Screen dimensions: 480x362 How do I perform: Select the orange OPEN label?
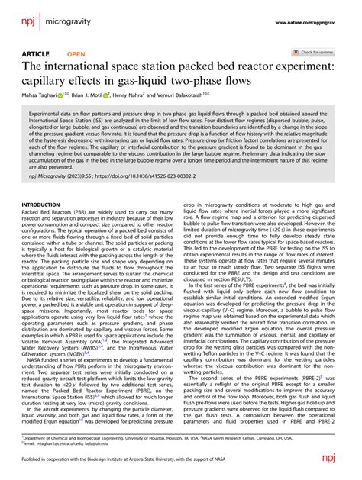[76, 54]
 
